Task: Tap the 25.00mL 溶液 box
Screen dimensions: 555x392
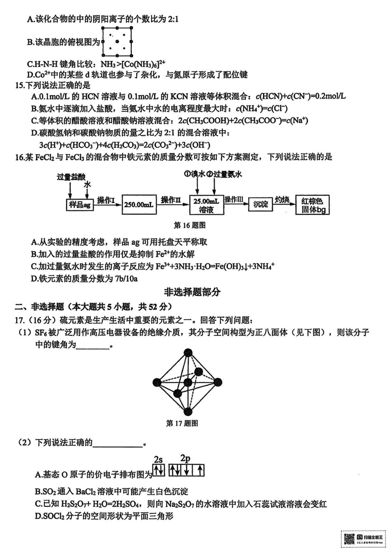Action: [206, 205]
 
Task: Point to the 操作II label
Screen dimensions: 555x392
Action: [172, 200]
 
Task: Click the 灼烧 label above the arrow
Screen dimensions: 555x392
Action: [285, 199]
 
